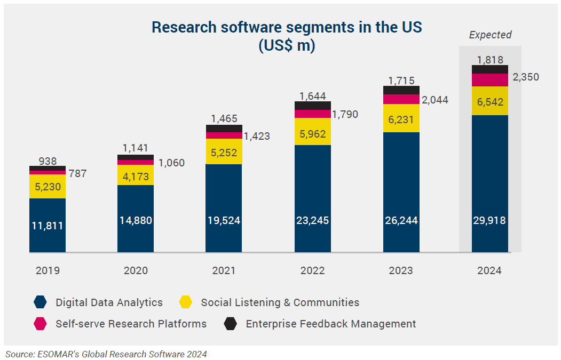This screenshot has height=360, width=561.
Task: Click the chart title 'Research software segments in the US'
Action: pyautogui.click(x=287, y=28)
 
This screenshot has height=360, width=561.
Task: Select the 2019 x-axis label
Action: pyautogui.click(x=48, y=270)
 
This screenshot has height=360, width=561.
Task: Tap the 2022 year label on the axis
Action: pyautogui.click(x=312, y=270)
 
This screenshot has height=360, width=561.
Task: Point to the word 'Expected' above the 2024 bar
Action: pyautogui.click(x=490, y=35)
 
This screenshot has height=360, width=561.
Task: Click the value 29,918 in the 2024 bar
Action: pyautogui.click(x=489, y=220)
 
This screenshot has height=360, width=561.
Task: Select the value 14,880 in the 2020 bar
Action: pyautogui.click(x=136, y=220)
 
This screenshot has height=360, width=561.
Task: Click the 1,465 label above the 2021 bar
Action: pyautogui.click(x=224, y=119)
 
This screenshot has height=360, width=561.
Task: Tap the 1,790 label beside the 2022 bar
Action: pyautogui.click(x=344, y=114)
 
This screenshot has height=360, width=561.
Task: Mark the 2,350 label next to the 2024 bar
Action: pyautogui.click(x=525, y=77)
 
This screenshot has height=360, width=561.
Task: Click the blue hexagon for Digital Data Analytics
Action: pyautogui.click(x=40, y=302)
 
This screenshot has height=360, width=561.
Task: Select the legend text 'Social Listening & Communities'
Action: pyautogui.click(x=280, y=302)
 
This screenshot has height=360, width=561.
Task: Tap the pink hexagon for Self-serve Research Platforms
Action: pyautogui.click(x=40, y=323)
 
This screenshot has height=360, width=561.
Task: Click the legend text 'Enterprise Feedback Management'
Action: pyautogui.click(x=330, y=323)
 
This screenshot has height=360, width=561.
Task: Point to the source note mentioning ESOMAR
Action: pyautogui.click(x=106, y=354)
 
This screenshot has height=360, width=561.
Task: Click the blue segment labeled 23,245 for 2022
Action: pyautogui.click(x=312, y=220)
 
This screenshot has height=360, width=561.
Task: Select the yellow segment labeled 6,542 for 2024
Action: pyautogui.click(x=489, y=102)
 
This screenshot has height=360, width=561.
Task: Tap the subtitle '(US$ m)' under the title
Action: pyautogui.click(x=287, y=46)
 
